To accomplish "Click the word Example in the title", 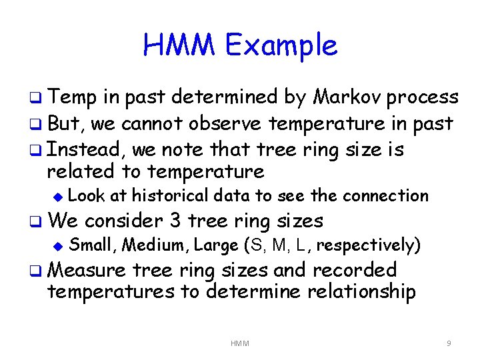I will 281,45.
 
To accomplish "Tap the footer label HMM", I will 240,343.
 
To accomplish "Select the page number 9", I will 449,343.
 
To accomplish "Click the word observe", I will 224,124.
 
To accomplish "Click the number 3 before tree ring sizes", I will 174,220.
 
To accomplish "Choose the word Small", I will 93,245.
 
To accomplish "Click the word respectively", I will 368,246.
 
